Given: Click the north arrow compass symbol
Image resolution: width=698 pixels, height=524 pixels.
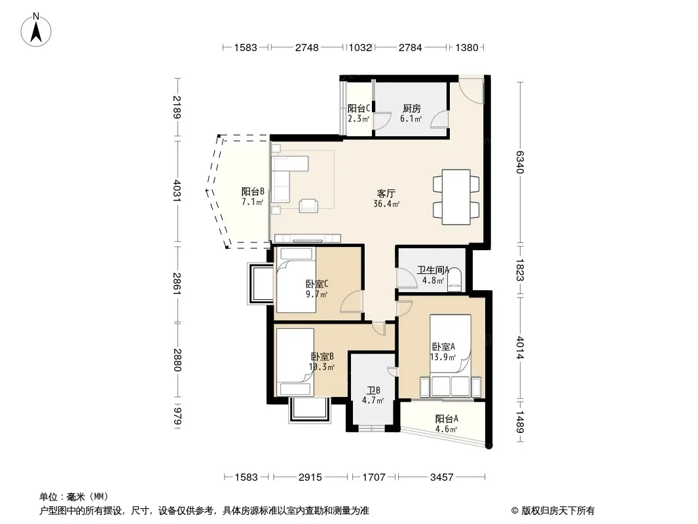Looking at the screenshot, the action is pos(36,30).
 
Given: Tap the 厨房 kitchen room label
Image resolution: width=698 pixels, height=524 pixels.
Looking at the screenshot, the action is pos(411,108).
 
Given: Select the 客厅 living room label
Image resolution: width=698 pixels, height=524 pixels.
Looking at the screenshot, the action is pos(386,194).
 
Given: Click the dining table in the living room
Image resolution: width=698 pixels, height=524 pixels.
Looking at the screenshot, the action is pos(456,196).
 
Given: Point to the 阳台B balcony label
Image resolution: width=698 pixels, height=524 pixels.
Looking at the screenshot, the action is pos(253,191).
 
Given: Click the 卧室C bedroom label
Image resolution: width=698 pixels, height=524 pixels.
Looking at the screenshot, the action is pos(317,284).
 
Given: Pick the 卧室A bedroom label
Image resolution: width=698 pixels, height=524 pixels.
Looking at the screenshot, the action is pos(443,346).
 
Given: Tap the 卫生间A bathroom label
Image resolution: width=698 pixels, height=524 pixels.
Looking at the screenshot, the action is pos(433,270).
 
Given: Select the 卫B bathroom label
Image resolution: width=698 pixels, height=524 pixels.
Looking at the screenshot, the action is pos(373,390).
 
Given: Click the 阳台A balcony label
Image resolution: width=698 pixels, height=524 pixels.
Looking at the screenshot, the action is pos(447,419).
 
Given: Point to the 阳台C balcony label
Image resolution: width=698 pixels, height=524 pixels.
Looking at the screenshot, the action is pos(359,108).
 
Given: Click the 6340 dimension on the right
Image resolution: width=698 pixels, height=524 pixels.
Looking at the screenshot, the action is pos(520,162).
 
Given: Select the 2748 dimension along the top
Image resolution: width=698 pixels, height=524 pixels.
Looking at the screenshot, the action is pos(306,48).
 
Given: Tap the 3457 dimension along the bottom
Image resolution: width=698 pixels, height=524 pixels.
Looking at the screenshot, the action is pos(441,477).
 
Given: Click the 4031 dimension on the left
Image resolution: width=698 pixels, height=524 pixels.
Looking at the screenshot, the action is pos(177,191).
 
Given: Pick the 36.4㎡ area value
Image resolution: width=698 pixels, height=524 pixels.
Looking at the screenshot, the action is pos(386,204).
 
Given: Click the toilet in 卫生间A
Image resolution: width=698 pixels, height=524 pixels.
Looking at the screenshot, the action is pos(454,280).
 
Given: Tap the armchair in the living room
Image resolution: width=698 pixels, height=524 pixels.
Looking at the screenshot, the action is pos(308,205).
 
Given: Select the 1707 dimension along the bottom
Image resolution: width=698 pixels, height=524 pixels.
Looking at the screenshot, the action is pos(373,477).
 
